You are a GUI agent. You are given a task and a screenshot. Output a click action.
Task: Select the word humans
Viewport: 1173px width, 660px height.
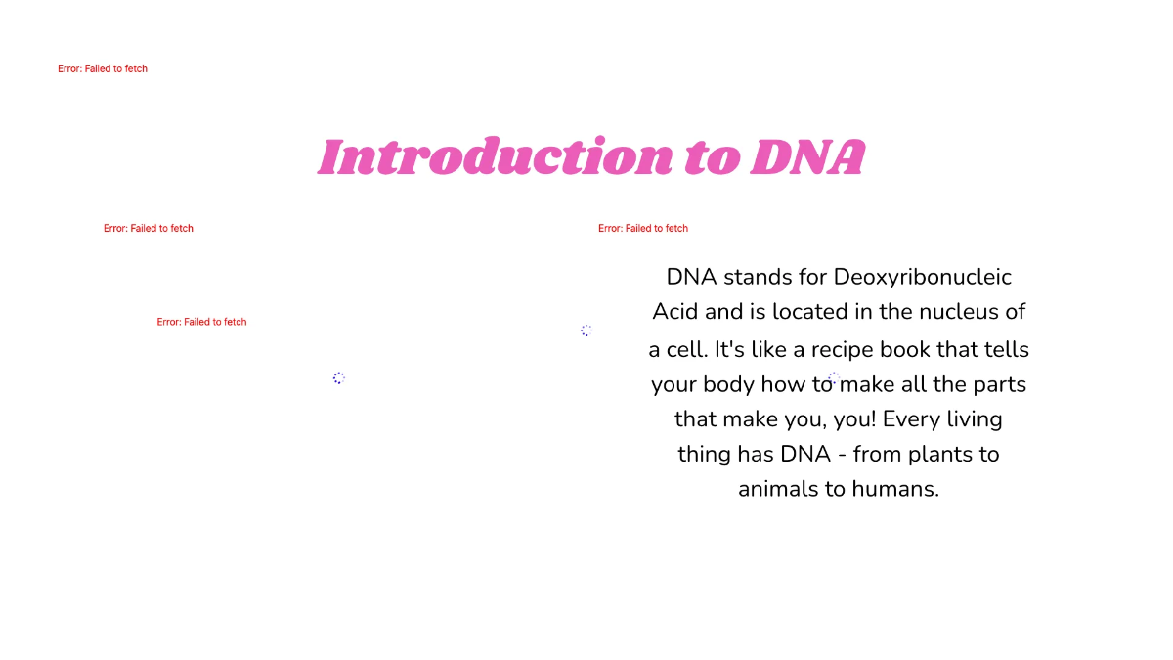pos(892,489)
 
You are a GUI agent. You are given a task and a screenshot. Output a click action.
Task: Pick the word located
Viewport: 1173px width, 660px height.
pos(808,312)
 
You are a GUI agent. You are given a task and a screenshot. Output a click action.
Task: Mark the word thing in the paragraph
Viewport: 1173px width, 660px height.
pos(704,455)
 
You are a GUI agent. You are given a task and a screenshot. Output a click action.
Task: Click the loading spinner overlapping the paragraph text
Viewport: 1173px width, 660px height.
pos(833,378)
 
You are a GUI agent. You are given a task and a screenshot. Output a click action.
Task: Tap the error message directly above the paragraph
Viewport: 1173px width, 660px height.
pos(643,228)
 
